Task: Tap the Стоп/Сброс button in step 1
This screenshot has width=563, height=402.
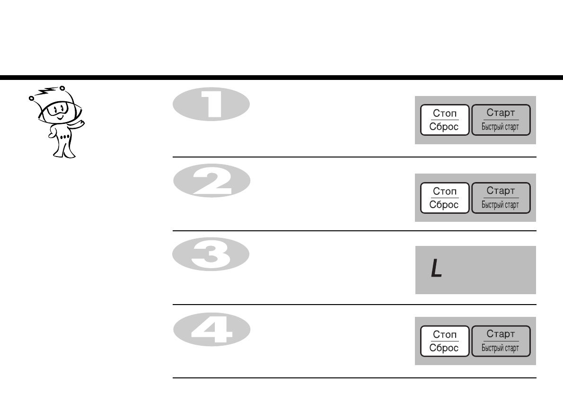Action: click(x=445, y=120)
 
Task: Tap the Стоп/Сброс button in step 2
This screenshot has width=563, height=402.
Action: click(x=445, y=198)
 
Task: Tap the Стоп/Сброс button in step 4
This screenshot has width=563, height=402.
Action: click(x=445, y=341)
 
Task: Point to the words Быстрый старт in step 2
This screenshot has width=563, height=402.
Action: click(x=501, y=205)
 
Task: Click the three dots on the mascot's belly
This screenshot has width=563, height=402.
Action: click(x=65, y=136)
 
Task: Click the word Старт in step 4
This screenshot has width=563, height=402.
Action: click(x=501, y=334)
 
